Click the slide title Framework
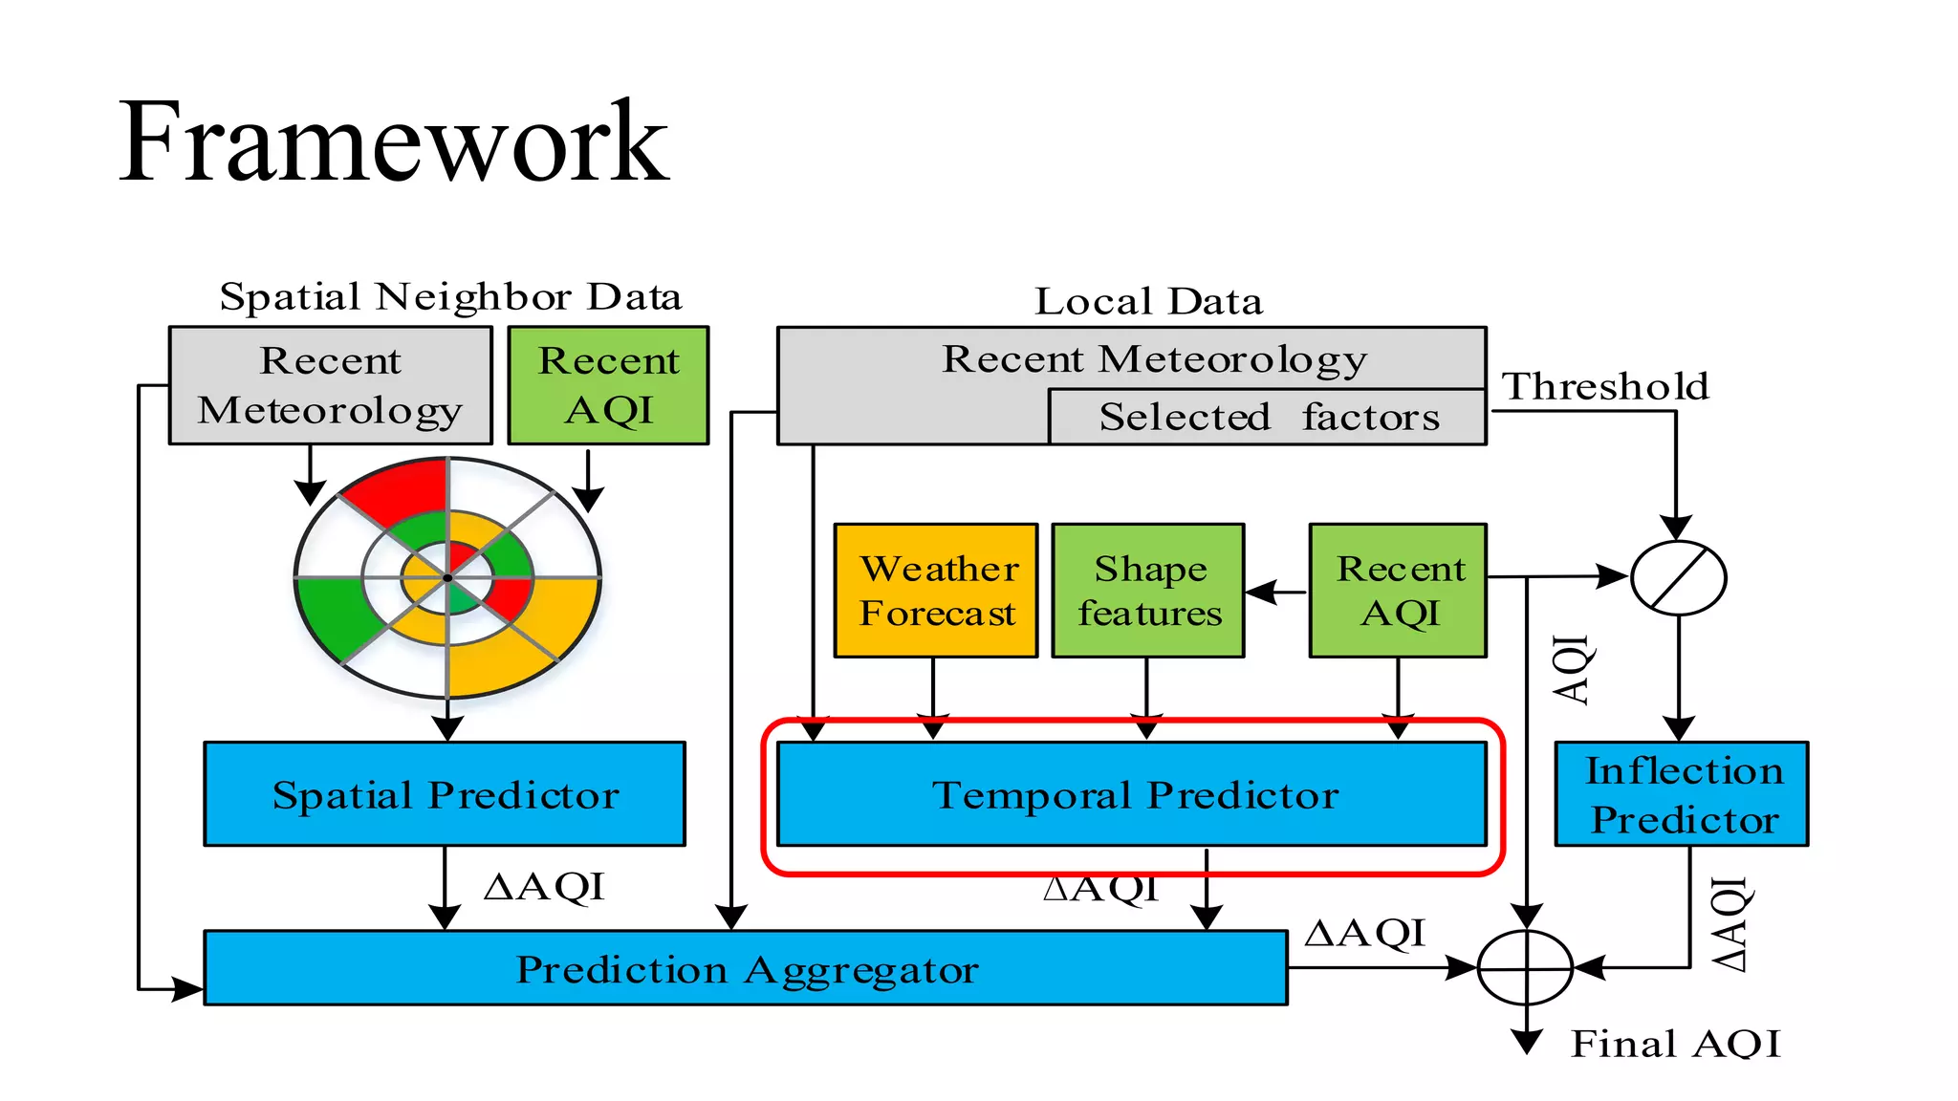click(393, 143)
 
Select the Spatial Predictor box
click(445, 794)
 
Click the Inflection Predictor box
click(1682, 794)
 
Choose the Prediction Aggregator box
click(746, 968)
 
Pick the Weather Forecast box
click(936, 591)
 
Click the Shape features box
click(1148, 591)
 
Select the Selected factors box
click(1268, 417)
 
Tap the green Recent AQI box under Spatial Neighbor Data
click(608, 385)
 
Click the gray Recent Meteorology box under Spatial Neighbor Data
click(330, 385)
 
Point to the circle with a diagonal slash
click(1678, 577)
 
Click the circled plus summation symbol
click(1526, 968)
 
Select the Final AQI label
click(1675, 1043)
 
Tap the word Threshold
click(1605, 386)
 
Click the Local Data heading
click(1148, 301)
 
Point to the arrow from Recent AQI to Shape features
click(1276, 592)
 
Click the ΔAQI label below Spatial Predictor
click(544, 886)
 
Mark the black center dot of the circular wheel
click(446, 577)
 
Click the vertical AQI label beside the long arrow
click(1570, 669)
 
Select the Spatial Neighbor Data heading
click(450, 296)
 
